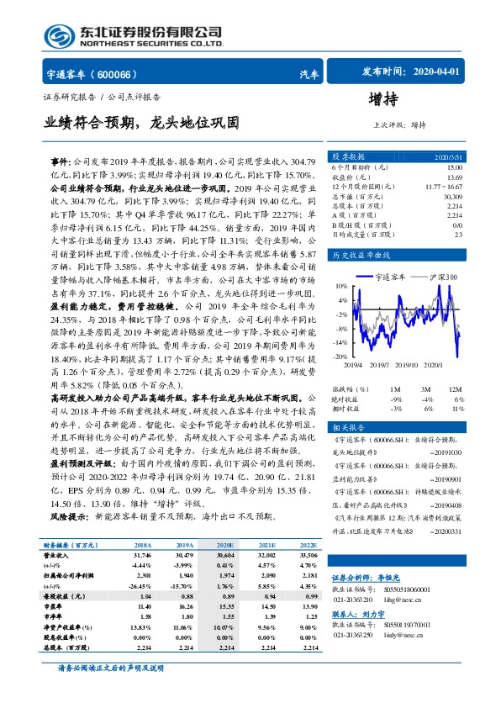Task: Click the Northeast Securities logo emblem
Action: point(57,36)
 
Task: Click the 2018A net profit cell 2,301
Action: point(143,573)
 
